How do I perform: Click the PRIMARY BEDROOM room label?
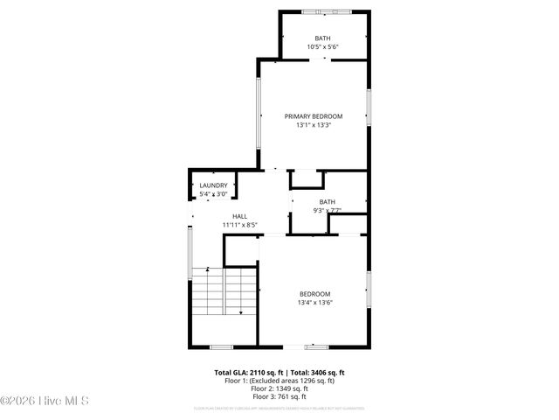[314, 116]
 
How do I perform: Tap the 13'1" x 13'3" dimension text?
[314, 125]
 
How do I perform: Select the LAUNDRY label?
[213, 185]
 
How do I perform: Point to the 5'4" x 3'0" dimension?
[213, 194]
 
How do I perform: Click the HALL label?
[239, 216]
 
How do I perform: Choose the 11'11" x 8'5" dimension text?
[239, 225]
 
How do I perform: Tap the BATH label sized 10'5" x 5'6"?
[323, 38]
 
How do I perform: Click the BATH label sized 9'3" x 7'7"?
[327, 202]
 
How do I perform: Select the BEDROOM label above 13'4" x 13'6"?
[315, 294]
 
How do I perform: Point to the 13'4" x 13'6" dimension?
[315, 303]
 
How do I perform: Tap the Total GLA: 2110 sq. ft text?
[245, 372]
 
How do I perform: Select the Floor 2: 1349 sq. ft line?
[279, 388]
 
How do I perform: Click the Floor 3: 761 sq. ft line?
[279, 396]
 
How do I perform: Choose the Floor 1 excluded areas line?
[279, 381]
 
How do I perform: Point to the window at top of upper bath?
[324, 11]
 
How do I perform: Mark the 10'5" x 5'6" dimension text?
[323, 46]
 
